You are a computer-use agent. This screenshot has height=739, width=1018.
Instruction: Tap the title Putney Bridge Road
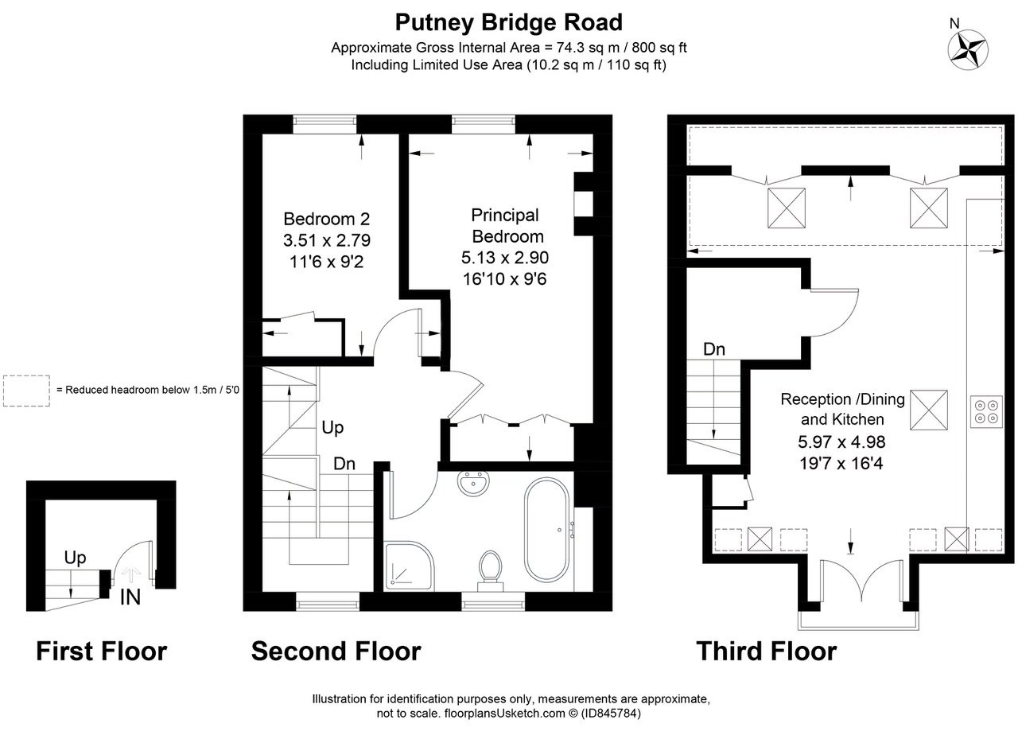[x=509, y=21]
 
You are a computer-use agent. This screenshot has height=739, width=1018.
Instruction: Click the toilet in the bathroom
[x=490, y=571]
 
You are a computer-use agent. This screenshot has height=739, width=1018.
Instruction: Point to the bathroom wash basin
[x=476, y=484]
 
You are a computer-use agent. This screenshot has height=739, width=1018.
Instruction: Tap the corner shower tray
[x=409, y=567]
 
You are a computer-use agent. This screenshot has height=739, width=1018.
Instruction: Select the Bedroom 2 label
[x=327, y=219]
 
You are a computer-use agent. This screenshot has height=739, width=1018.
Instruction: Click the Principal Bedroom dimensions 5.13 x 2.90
[x=505, y=258]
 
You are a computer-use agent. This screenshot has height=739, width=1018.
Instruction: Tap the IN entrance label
[x=130, y=597]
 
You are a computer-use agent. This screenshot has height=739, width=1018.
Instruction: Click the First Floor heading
[x=102, y=651]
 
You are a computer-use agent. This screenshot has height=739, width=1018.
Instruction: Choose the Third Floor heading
[x=766, y=651]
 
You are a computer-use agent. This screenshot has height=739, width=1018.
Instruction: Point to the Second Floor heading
[x=336, y=651]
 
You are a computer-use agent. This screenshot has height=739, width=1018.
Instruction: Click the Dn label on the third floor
[x=713, y=349]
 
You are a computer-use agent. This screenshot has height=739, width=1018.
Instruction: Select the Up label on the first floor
[x=75, y=558]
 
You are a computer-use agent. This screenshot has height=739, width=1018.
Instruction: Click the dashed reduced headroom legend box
[x=26, y=391]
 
